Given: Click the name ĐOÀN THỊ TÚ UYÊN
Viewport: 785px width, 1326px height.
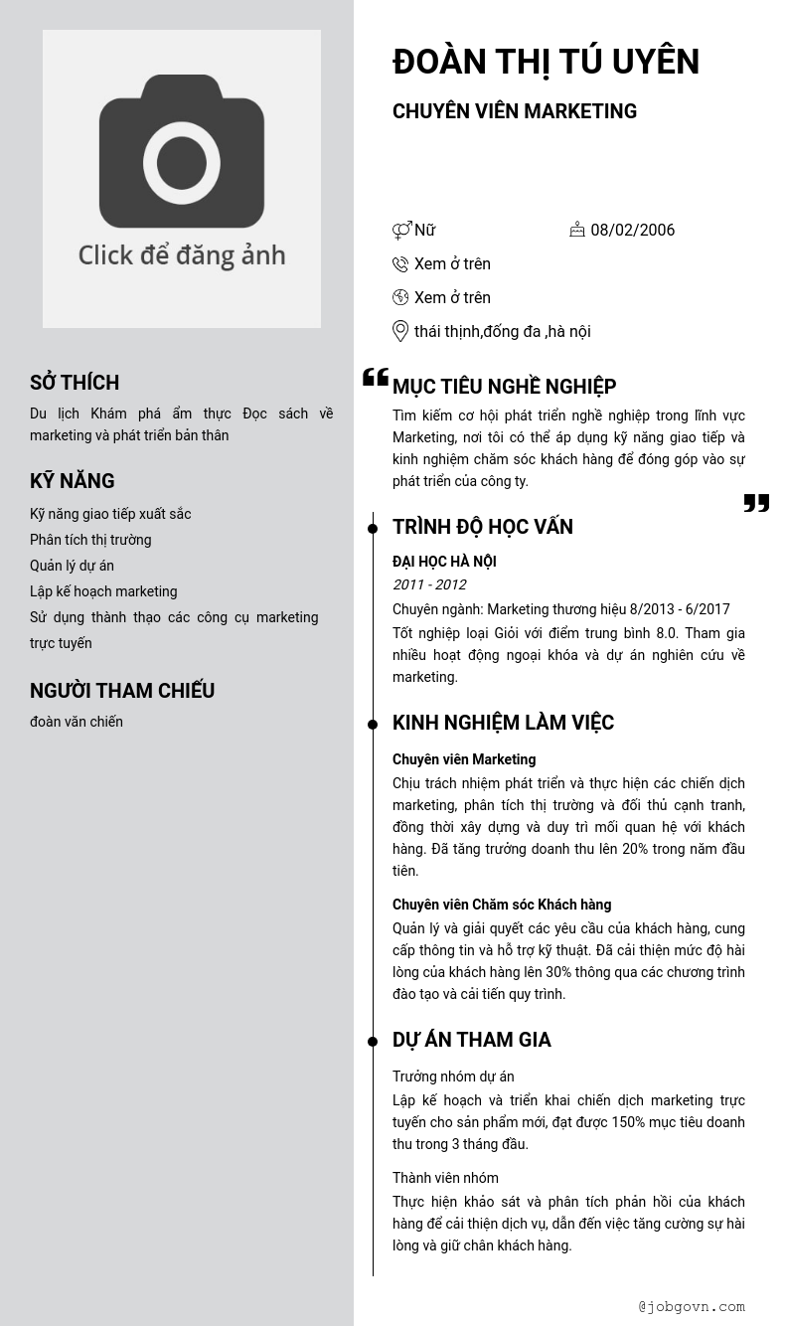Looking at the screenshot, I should pos(546,62).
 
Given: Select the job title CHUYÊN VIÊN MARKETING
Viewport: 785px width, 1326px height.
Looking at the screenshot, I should pos(514,111).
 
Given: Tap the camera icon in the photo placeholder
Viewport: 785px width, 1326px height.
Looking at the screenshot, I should pos(182,151).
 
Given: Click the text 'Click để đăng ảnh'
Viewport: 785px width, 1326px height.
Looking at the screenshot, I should pos(182,255).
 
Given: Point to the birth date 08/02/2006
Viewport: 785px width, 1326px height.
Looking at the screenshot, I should pos(632,230).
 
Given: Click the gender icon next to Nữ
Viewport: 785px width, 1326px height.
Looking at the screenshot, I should pos(401,231).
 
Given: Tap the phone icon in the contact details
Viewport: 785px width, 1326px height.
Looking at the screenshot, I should pos(400,263).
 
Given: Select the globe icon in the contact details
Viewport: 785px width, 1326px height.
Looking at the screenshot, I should pos(400,297).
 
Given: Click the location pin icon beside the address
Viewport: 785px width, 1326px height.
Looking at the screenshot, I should pos(400,331).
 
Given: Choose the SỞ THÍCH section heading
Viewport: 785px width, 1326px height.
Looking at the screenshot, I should pos(75,383).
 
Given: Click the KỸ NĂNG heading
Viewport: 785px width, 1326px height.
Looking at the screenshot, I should pos(73,481).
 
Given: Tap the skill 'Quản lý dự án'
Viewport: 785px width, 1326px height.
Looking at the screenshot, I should pos(72,566).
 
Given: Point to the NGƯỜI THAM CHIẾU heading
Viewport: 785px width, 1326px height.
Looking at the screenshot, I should pos(122,691).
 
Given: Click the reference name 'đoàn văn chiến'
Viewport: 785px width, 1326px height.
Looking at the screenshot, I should pos(77,722).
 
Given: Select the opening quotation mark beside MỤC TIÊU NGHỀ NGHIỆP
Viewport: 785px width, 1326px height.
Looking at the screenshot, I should pos(376,377).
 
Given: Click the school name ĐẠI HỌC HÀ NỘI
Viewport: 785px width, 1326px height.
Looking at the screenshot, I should pos(444,562).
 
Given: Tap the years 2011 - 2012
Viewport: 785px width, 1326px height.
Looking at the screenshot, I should pos(429,584).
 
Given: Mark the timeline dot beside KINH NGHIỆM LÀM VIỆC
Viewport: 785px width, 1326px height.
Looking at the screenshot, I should pos(373,725).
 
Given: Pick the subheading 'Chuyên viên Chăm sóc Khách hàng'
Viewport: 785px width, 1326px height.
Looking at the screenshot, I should pos(502,905).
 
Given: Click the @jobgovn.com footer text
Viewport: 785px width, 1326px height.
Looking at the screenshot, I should pos(692,1307).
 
